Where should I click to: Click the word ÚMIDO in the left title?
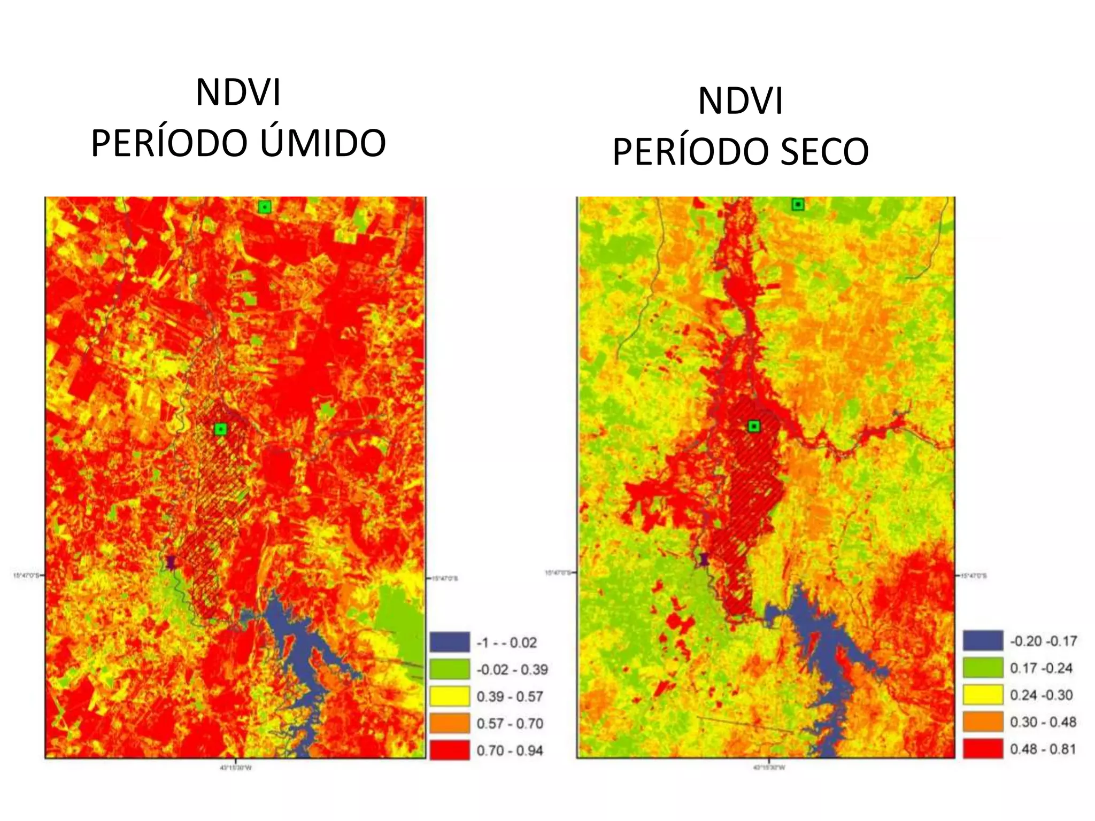(x=323, y=143)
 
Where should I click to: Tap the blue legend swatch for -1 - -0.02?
(x=449, y=642)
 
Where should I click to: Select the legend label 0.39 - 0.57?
(x=510, y=696)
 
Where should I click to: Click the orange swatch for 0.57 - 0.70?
(x=449, y=723)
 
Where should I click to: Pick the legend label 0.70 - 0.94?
(x=510, y=750)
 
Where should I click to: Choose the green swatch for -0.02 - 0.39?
(x=449, y=669)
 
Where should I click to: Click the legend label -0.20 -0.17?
(x=1043, y=641)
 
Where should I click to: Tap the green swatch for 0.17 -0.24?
(x=983, y=668)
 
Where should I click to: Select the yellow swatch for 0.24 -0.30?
(x=983, y=695)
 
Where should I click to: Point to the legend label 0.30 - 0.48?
(x=1043, y=722)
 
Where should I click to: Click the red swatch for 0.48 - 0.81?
(x=983, y=749)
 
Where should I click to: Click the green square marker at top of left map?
(x=264, y=207)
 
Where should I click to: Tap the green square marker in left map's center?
(x=220, y=429)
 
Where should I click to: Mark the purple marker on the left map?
(x=171, y=562)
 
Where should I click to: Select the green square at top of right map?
(x=798, y=205)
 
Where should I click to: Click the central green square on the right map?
(x=754, y=426)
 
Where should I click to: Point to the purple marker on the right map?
(x=704, y=560)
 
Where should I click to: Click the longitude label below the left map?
(x=236, y=768)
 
